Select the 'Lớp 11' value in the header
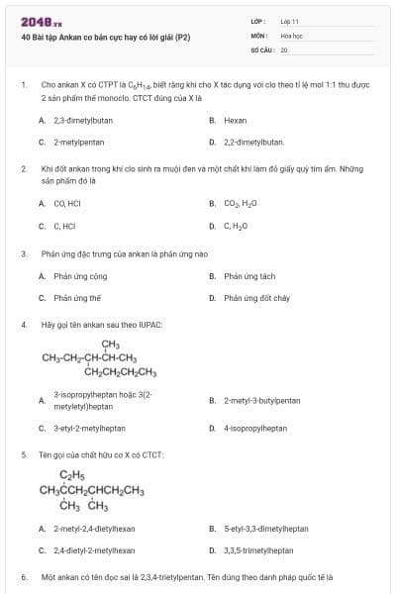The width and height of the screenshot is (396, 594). pos(289,20)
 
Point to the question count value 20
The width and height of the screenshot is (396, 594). pos(283,49)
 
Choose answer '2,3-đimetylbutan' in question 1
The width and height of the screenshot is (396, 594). pos(83,120)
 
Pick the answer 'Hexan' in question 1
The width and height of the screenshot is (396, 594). pos(235,120)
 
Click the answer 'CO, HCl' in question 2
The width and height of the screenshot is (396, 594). pos(66,203)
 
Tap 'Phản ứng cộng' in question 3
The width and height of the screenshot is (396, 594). pos(80,276)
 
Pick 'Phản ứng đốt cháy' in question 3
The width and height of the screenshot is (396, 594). pos(256,297)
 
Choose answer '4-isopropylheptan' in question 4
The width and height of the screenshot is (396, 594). pos(255,429)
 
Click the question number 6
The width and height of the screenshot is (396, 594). pos(23,575)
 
